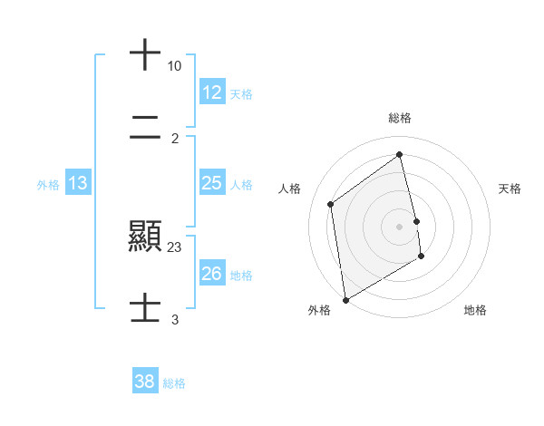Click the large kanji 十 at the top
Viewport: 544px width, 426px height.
tap(145, 54)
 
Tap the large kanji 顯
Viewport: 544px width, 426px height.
tap(145, 238)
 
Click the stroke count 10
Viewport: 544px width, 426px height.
tap(175, 66)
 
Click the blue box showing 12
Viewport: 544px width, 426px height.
tap(212, 92)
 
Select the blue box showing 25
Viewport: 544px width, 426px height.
tap(212, 183)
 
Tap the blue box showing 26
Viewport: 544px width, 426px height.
tap(212, 274)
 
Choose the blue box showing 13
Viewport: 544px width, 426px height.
tap(78, 183)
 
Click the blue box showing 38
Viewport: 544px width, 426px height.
tap(145, 382)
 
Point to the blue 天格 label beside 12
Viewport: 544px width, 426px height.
tap(241, 93)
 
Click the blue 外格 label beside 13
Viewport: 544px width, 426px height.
tap(48, 184)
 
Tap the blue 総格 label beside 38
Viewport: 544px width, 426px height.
tap(174, 382)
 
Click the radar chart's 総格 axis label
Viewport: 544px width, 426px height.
tap(400, 118)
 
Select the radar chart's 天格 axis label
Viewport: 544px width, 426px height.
tap(510, 189)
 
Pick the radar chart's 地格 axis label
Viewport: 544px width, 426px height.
tap(475, 310)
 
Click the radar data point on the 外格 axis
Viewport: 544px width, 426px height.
tap(345, 299)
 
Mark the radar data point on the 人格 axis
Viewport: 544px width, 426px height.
tap(331, 204)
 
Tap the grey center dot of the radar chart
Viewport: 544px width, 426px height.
tap(400, 226)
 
